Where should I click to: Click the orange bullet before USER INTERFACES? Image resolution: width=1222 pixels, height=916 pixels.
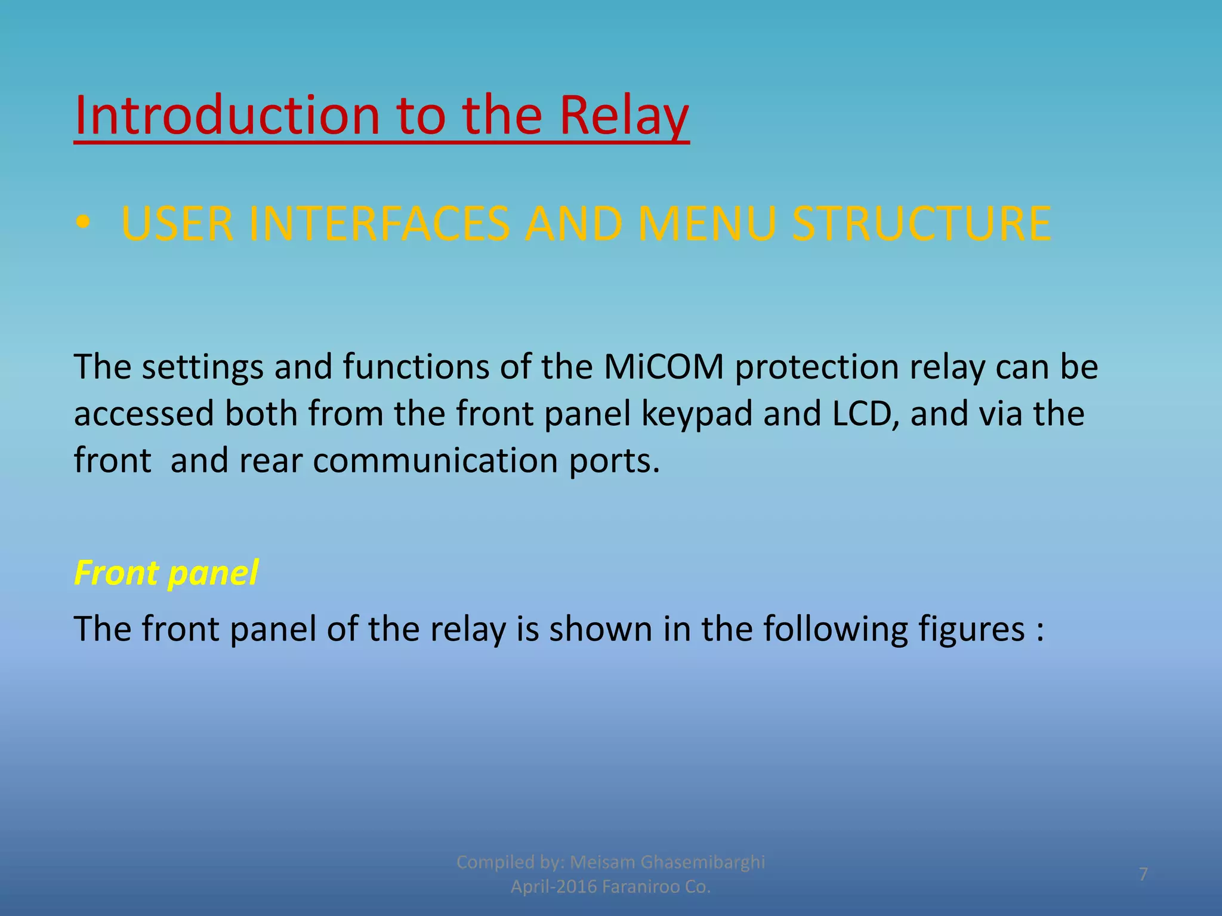(83, 223)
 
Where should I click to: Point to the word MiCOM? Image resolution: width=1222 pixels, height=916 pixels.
(664, 367)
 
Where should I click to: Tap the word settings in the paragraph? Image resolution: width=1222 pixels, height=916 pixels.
(202, 367)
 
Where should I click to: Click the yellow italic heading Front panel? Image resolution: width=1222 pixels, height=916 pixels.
(166, 573)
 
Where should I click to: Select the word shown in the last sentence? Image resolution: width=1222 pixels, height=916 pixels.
(600, 629)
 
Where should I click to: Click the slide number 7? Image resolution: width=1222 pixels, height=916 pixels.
(1143, 874)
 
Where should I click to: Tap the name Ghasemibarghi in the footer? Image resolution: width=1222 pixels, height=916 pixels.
(702, 862)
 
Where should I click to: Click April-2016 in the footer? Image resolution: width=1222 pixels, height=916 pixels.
(554, 887)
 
